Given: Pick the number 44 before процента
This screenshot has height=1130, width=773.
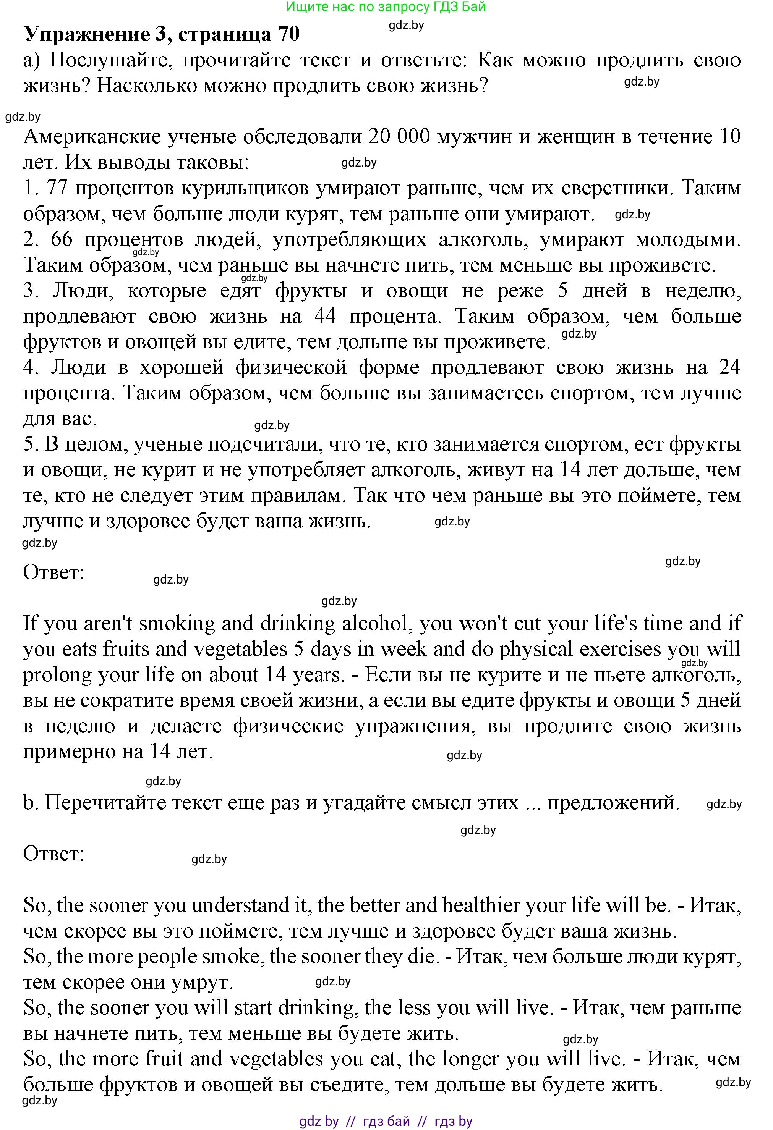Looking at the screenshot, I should point(325,317).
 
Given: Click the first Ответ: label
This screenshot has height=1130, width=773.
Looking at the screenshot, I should point(53,573).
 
